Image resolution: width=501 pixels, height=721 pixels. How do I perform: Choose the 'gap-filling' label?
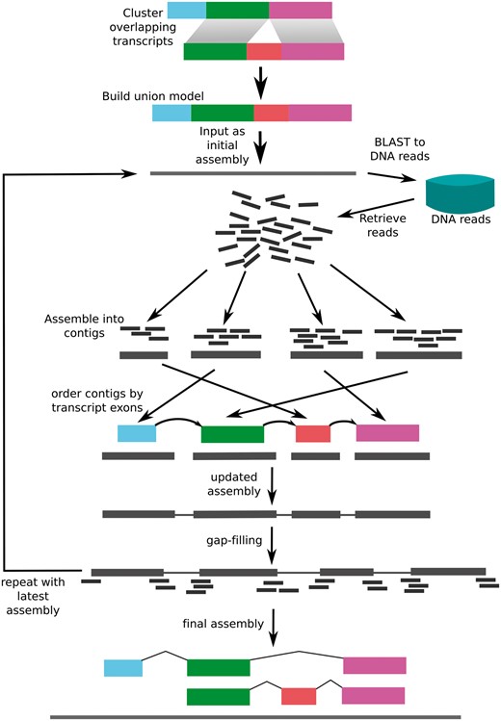[x=234, y=541]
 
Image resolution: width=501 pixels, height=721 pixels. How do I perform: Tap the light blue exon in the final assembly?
[x=123, y=667]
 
